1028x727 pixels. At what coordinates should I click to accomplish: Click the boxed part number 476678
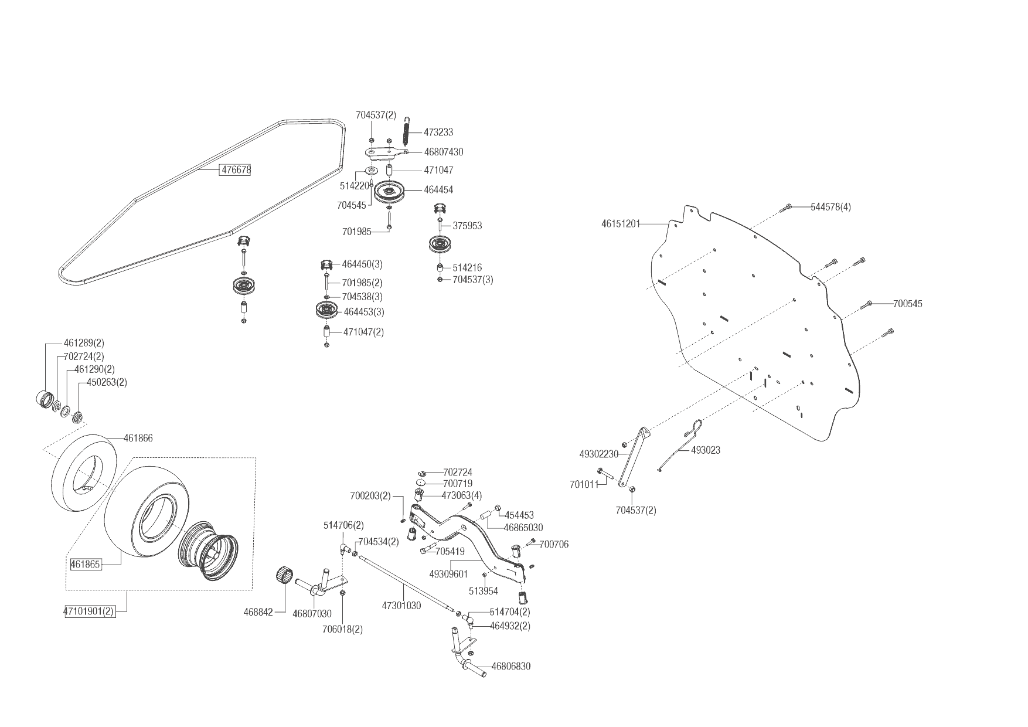click(235, 170)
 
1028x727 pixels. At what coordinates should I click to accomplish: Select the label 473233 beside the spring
click(438, 133)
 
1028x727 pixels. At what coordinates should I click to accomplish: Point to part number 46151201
click(621, 223)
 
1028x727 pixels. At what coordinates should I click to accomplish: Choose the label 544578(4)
click(830, 207)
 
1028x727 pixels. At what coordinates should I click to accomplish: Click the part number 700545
click(908, 304)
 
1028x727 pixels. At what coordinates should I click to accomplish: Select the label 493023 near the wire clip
click(706, 450)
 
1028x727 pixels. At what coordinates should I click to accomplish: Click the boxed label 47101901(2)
click(89, 612)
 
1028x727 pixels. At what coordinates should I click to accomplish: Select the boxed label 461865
click(86, 565)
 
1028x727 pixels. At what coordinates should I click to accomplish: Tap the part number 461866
click(138, 438)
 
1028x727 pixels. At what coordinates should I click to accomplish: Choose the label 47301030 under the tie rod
click(401, 606)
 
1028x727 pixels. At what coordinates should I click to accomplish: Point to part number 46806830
click(510, 667)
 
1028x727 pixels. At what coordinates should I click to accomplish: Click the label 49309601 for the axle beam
click(448, 575)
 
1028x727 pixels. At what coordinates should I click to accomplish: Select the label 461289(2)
click(84, 343)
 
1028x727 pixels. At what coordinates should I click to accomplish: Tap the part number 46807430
click(443, 152)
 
